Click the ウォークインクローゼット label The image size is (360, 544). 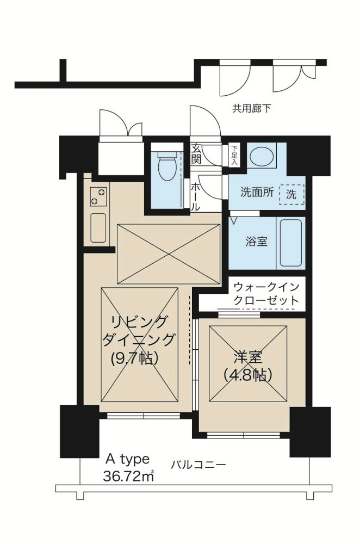click(x=265, y=293)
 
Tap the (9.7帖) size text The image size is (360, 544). click(x=136, y=358)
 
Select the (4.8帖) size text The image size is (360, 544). click(x=247, y=375)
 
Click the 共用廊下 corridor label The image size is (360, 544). click(x=251, y=108)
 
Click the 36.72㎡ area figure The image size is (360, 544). click(x=128, y=477)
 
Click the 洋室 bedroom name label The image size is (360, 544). click(x=248, y=357)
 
